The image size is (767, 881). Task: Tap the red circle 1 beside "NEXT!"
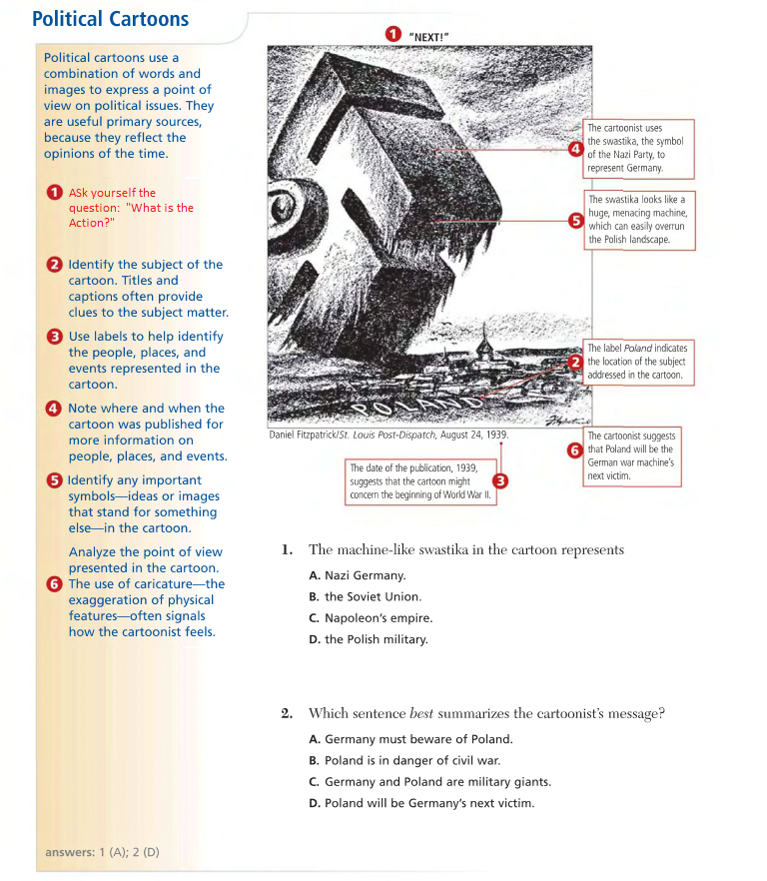click(x=393, y=35)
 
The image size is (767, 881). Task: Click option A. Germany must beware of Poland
click(x=410, y=739)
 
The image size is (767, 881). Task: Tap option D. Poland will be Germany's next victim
click(x=422, y=803)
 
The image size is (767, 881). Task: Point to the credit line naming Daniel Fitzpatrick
click(x=388, y=436)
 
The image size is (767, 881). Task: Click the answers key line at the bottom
click(x=102, y=852)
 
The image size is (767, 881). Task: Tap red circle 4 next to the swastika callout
click(x=575, y=149)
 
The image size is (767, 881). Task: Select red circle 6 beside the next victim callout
click(x=574, y=449)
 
